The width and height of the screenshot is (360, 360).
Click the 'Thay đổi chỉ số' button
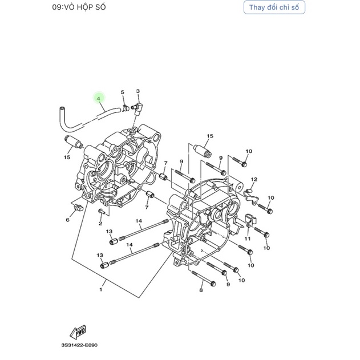274,7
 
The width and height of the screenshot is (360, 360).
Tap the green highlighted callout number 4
99,99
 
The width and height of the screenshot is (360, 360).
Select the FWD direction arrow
78,332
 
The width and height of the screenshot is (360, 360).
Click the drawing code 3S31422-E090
79,345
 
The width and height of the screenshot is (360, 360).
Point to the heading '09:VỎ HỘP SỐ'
79,7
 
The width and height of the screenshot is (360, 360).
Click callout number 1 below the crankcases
100,289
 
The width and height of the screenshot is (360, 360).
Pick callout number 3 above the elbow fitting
137,91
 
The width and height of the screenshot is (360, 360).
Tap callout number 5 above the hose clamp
122,92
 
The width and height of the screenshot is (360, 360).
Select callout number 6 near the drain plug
67,220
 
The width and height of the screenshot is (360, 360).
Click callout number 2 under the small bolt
100,224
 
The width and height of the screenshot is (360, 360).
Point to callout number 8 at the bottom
201,290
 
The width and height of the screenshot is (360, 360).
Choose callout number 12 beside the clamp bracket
254,179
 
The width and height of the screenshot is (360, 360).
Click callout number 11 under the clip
248,239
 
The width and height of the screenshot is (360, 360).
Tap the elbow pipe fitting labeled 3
137,108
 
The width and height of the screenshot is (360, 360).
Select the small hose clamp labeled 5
126,108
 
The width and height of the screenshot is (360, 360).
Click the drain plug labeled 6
78,207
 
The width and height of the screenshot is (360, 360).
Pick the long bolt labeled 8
204,279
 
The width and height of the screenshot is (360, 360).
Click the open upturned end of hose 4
62,108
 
